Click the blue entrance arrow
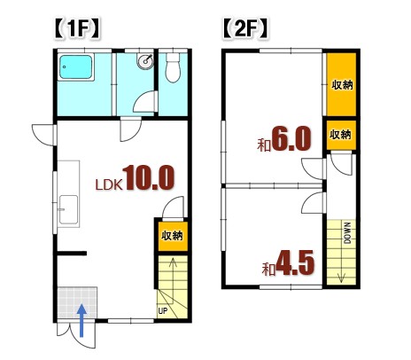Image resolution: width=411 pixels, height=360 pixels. pos(81,319)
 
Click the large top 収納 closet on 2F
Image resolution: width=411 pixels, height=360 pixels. pos(342,85)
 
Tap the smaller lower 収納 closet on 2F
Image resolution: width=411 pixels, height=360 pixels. pos(341,136)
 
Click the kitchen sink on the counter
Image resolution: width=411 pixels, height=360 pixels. pos(66,215)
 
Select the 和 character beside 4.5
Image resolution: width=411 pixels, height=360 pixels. pos(267,268)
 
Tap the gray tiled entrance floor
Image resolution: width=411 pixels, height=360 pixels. pos(74,305)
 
